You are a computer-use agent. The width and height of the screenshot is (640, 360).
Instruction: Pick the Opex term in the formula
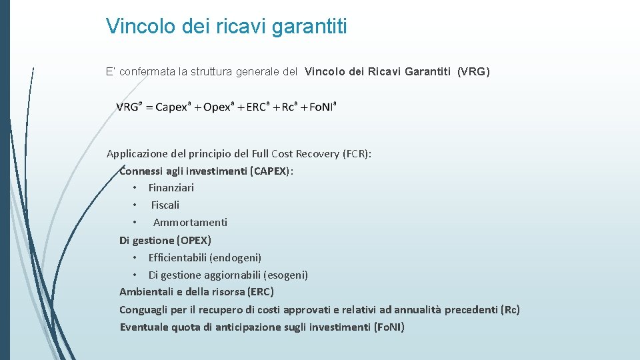(217, 107)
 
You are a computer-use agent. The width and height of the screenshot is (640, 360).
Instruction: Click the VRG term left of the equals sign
(129, 107)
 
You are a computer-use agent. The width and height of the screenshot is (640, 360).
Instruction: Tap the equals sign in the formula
(148, 108)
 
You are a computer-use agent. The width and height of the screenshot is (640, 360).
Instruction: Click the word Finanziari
(171, 188)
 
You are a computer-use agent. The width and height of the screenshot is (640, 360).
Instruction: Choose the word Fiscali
(165, 205)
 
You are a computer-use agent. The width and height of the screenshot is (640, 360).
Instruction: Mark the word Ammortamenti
(190, 223)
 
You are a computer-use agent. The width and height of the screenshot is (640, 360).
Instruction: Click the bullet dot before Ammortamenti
(135, 223)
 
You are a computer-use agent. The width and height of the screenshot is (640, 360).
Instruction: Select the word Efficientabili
(177, 257)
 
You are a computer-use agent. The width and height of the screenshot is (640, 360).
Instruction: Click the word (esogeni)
(286, 275)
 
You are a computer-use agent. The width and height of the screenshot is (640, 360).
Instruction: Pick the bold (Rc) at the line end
(510, 309)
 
